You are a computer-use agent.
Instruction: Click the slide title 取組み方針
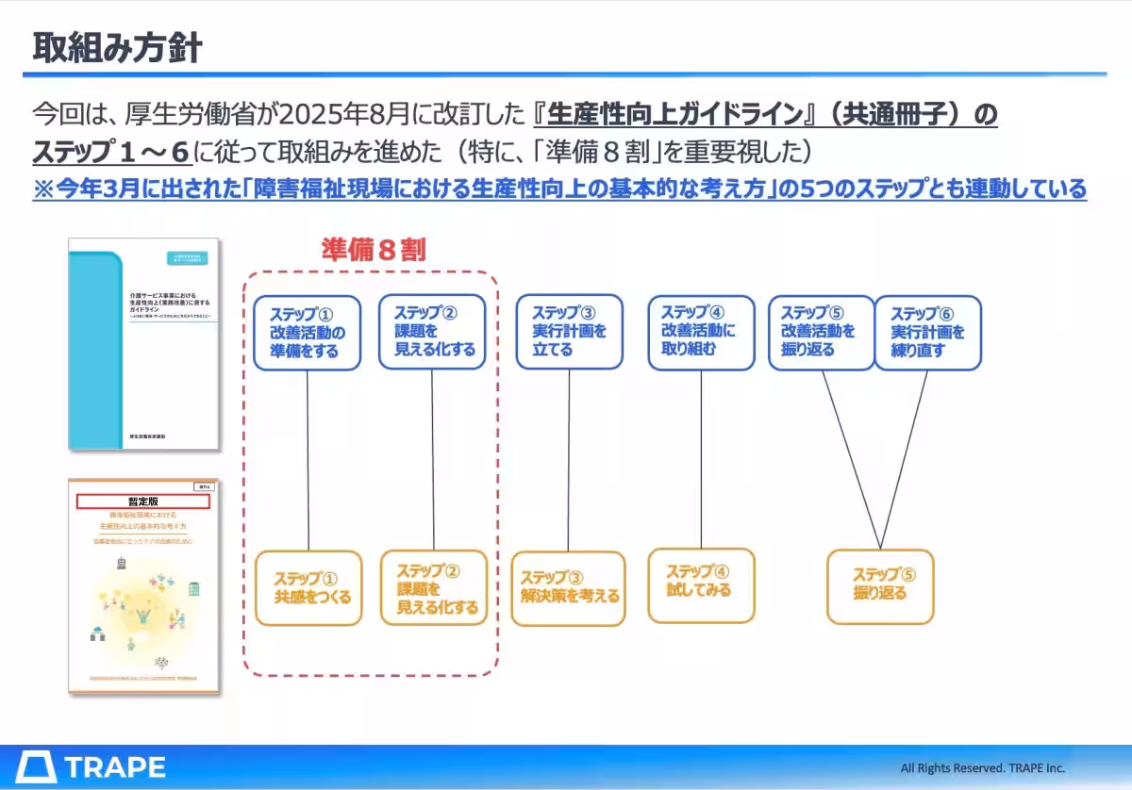point(117,47)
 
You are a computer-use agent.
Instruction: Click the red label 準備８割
point(374,250)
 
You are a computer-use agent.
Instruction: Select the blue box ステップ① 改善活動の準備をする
point(308,333)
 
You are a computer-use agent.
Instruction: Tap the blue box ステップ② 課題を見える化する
point(432,332)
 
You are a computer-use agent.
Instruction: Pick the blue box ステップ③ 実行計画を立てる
point(569,332)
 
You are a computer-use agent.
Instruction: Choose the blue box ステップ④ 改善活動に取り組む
point(701,332)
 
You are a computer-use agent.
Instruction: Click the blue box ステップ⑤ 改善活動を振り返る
point(821,333)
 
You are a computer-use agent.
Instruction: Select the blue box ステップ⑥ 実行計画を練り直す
point(928,333)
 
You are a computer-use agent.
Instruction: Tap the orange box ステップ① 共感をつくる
point(308,587)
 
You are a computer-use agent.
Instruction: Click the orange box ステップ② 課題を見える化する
point(435,587)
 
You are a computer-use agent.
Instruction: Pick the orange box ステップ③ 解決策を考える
point(568,588)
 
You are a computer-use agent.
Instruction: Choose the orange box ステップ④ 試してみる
point(701,586)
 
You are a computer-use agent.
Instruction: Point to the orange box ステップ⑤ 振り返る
point(880,585)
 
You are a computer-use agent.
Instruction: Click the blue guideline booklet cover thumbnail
point(143,343)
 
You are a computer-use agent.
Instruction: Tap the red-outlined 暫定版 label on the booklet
point(142,502)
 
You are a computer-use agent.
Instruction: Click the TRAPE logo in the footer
point(92,766)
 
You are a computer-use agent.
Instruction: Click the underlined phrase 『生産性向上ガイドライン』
point(676,115)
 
